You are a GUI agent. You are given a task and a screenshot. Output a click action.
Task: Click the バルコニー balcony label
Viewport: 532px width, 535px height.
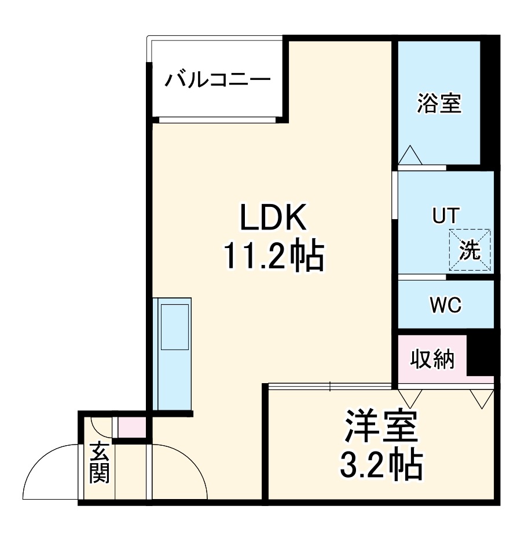[x=217, y=79]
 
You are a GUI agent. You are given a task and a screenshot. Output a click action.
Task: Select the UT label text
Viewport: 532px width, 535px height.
[x=445, y=216]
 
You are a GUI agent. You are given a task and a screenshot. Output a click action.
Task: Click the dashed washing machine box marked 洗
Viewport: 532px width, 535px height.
[x=470, y=250]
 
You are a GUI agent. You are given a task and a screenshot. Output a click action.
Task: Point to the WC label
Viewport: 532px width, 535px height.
[x=445, y=304]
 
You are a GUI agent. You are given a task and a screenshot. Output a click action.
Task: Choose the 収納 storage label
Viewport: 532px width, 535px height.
[x=434, y=361]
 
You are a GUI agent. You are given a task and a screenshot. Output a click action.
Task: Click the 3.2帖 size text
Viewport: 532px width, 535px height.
[x=381, y=464]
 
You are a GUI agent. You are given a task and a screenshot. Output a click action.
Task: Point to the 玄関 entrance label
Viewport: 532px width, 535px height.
[x=99, y=463]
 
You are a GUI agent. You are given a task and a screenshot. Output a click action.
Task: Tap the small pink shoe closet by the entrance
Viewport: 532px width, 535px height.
[x=132, y=427]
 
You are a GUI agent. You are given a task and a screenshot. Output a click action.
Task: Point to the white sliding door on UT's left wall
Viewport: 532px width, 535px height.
[x=395, y=195]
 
